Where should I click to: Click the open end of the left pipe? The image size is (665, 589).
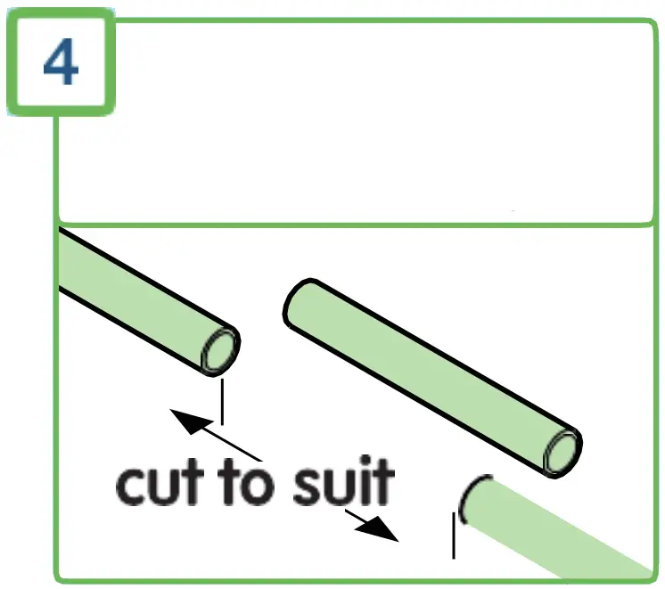[x=220, y=350]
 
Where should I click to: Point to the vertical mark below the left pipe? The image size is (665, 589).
[x=221, y=400]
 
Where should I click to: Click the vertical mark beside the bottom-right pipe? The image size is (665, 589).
[x=455, y=538]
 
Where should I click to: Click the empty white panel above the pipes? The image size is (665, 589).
[x=357, y=125]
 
